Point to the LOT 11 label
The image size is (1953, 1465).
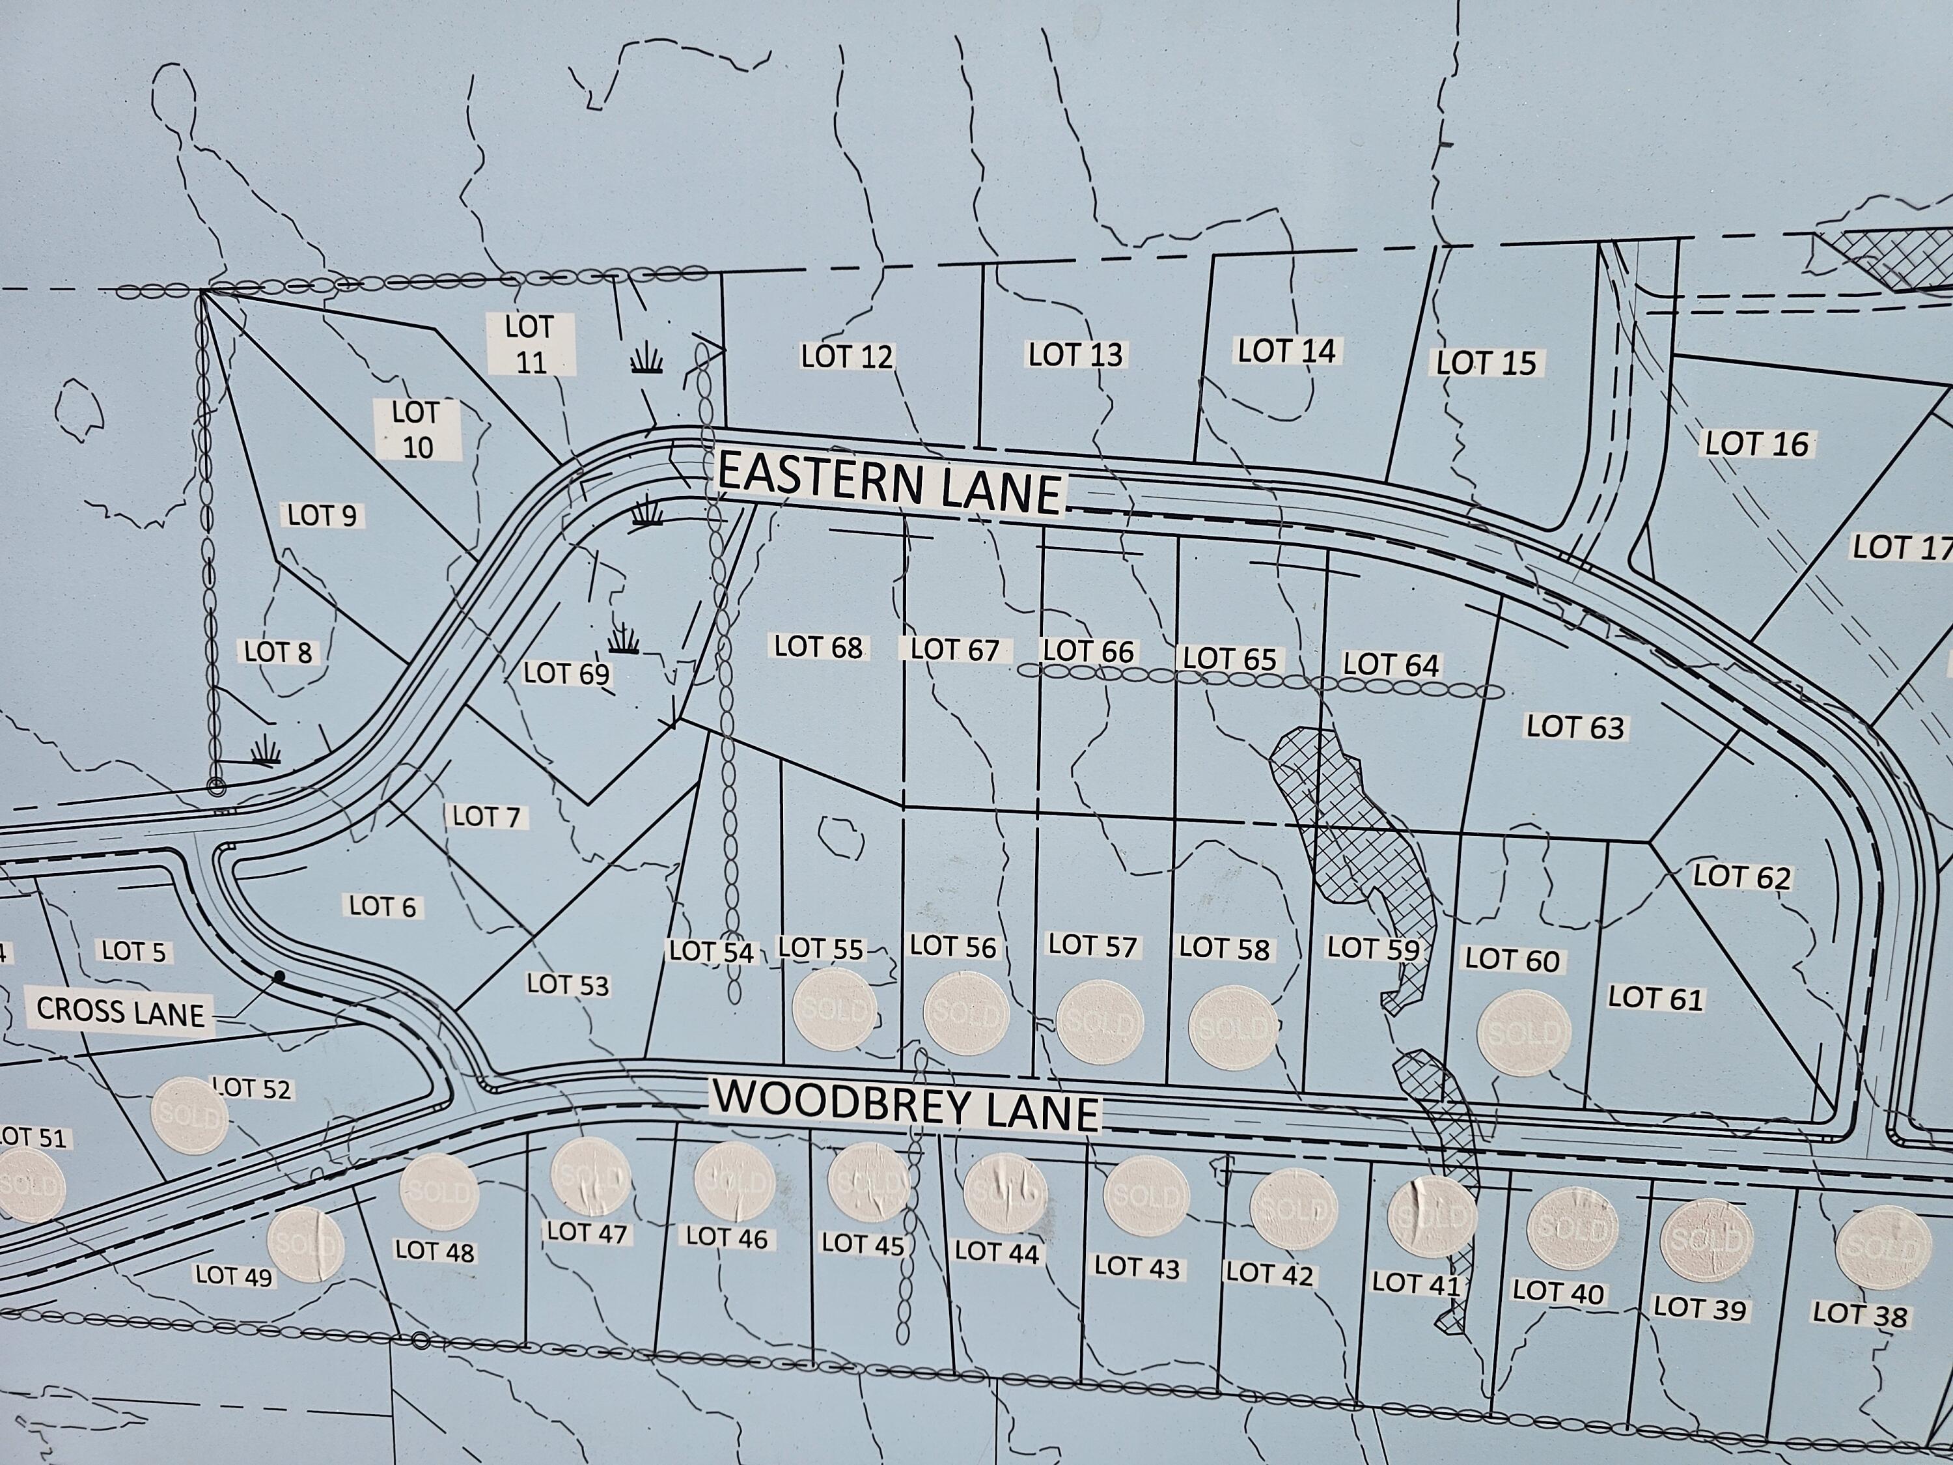pyautogui.click(x=530, y=344)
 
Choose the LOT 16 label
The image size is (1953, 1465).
pyautogui.click(x=1756, y=443)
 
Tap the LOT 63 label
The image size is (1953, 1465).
pyautogui.click(x=1575, y=727)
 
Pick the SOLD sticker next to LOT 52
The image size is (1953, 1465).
pyautogui.click(x=189, y=1116)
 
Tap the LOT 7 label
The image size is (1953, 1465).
pyautogui.click(x=486, y=816)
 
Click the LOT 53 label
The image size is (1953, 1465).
pyautogui.click(x=568, y=984)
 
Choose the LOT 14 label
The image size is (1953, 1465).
pyautogui.click(x=1286, y=350)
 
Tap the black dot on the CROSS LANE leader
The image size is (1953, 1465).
pyautogui.click(x=279, y=977)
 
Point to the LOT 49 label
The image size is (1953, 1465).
pyautogui.click(x=234, y=1275)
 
